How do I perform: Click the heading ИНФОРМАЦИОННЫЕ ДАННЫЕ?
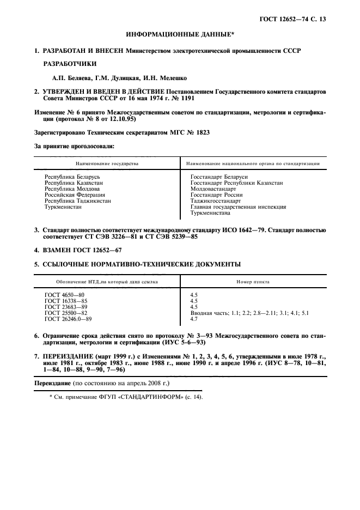pyautogui.click(x=179, y=34)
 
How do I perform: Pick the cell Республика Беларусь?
pyautogui.click(x=71, y=177)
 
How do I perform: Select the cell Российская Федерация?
pyautogui.click(x=74, y=195)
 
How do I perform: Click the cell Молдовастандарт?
pyautogui.click(x=213, y=189)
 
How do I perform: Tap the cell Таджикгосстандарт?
pyautogui.click(x=215, y=201)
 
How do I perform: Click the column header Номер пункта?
pyautogui.click(x=253, y=282)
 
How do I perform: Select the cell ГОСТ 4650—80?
pyautogui.click(x=65, y=295)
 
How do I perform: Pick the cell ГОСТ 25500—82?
pyautogui.click(x=66, y=313)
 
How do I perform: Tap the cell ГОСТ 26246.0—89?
pyautogui.click(x=68, y=319)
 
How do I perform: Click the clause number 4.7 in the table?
pyautogui.click(x=193, y=319)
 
